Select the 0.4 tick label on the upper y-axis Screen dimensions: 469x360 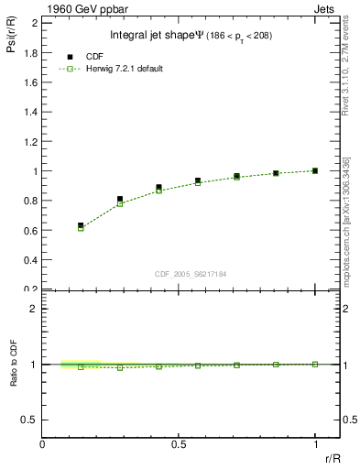pyautogui.click(x=30, y=260)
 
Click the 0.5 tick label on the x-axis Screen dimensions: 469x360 pyautogui.click(x=178, y=444)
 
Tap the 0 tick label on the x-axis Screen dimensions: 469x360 pyautogui.click(x=42, y=444)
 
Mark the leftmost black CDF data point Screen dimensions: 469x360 pyautogui.click(x=81, y=225)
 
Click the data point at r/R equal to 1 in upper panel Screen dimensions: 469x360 pyautogui.click(x=315, y=170)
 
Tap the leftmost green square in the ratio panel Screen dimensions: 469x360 pyautogui.click(x=81, y=366)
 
